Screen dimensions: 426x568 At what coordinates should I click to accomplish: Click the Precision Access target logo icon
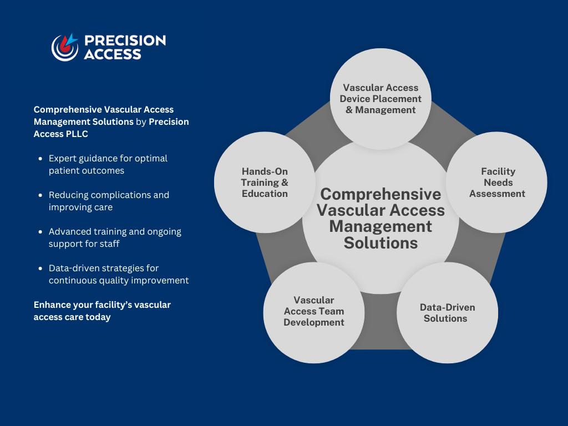pos(64,47)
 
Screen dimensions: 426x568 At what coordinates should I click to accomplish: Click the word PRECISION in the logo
pos(125,40)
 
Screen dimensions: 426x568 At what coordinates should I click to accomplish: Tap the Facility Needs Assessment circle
pos(496,182)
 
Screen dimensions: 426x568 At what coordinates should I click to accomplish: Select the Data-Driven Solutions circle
pos(447,313)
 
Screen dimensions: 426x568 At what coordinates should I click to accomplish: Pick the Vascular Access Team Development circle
pos(314,311)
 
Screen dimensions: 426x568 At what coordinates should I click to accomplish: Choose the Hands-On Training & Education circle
pos(265,182)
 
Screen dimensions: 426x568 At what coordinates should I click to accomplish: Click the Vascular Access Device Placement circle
pos(381,99)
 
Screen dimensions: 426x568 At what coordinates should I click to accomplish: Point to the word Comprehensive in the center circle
pos(381,194)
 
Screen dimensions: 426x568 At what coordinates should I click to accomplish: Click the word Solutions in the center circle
pos(381,243)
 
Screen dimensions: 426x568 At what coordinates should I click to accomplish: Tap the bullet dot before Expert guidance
pos(40,159)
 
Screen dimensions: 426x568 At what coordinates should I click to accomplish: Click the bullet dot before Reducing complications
pos(40,195)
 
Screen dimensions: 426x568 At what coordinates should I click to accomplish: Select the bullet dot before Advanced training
pos(40,232)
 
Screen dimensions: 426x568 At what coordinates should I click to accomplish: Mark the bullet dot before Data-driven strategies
pos(40,268)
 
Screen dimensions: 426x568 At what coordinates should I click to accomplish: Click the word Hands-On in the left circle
pos(265,171)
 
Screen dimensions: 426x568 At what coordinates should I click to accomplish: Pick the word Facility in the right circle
pos(498,171)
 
